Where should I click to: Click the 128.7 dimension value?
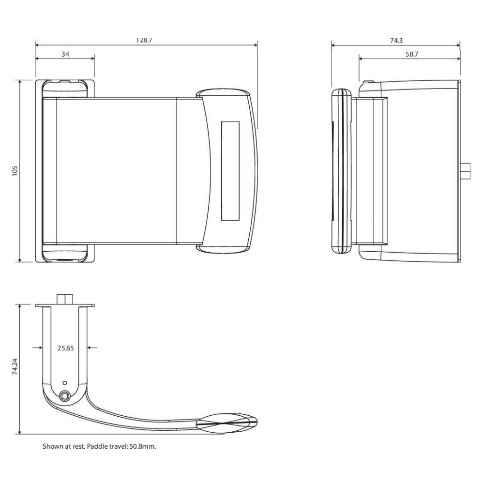(x=144, y=41)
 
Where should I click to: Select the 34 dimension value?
(x=65, y=54)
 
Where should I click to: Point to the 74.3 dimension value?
(x=396, y=41)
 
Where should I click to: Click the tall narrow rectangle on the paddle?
(x=230, y=171)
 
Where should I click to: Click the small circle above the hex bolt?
(x=66, y=382)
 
